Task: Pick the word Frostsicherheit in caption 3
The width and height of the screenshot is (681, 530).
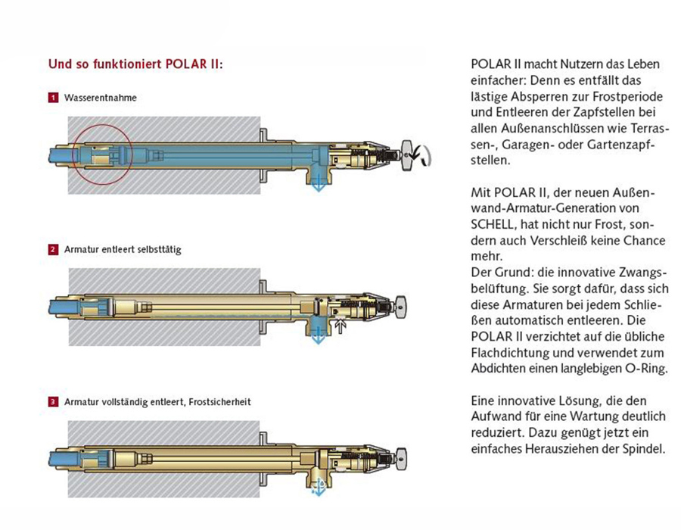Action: (x=222, y=402)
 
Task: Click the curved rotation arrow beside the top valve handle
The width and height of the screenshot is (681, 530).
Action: (x=425, y=155)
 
